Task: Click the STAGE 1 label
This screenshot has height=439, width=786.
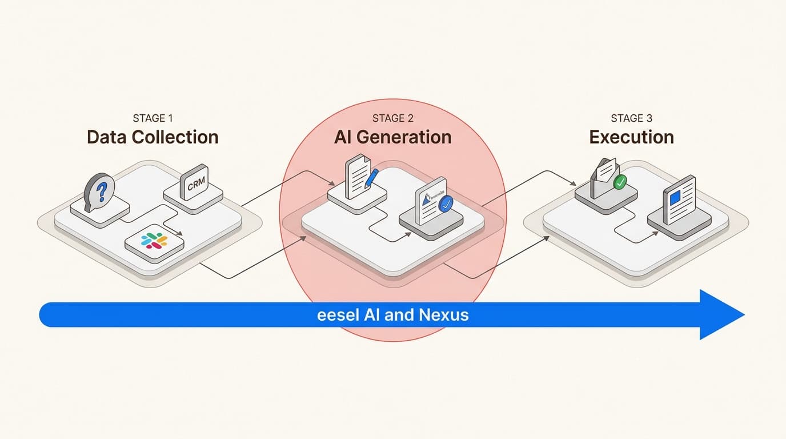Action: click(x=153, y=118)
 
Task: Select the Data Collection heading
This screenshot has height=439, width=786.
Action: click(x=153, y=138)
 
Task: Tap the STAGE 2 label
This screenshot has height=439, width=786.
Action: click(x=392, y=118)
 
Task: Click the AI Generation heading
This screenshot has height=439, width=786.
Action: click(x=392, y=138)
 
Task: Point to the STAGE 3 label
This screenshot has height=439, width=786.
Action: click(x=631, y=118)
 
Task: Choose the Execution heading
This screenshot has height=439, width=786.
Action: click(x=631, y=138)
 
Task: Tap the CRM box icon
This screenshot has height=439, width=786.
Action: click(x=195, y=182)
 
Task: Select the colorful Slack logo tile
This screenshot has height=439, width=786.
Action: click(x=154, y=241)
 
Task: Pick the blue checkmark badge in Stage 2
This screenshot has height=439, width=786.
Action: click(x=446, y=202)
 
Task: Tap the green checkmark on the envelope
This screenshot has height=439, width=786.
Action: click(x=619, y=182)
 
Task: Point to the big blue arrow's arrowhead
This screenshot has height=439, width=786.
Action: click(x=721, y=314)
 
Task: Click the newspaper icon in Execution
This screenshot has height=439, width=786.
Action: click(x=679, y=200)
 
